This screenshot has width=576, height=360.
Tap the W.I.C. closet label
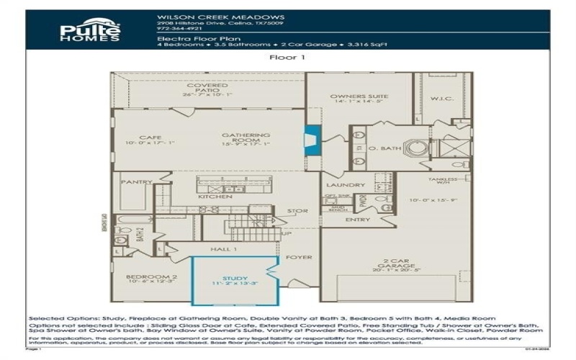pos(441,98)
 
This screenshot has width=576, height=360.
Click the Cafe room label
pos(150,138)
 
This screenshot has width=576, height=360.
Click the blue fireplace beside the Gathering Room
pos(312,138)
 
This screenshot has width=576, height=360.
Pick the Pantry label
pos(136,182)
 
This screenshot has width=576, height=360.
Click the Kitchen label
pos(215,197)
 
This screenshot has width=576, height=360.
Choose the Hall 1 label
pos(225,248)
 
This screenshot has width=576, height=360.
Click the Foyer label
pos(297,256)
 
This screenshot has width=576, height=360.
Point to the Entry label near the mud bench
pos(357,220)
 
